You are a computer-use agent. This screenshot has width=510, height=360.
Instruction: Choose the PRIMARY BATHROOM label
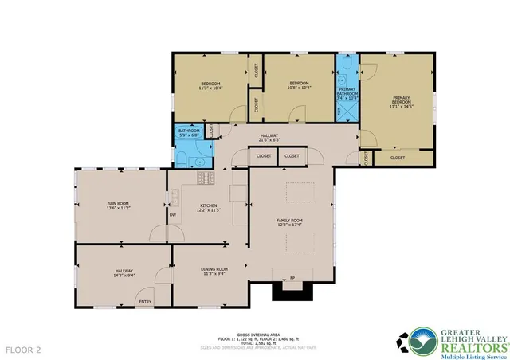tap(347, 90)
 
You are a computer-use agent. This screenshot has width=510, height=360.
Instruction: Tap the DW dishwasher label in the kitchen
tap(172, 214)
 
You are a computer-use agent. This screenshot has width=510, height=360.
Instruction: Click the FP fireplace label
tap(292, 278)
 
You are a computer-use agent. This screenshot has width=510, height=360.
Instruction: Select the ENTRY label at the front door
tap(145, 301)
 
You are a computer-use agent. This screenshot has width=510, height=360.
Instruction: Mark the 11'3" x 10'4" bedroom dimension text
tap(210, 88)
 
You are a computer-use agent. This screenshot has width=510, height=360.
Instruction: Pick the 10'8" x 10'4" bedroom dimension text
tap(299, 88)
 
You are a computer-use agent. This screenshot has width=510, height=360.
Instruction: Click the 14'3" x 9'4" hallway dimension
tap(123, 276)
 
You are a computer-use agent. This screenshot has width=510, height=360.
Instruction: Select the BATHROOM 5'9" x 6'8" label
tap(189, 132)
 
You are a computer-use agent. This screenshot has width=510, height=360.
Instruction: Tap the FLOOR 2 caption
tap(23, 349)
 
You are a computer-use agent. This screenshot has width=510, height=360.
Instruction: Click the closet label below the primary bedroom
tap(397, 158)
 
